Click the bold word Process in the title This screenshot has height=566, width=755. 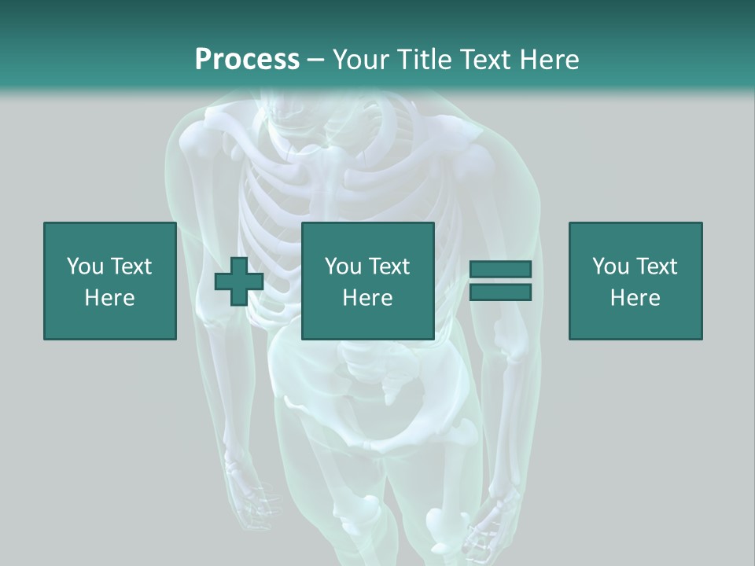pyautogui.click(x=247, y=59)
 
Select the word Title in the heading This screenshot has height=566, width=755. pyautogui.click(x=425, y=59)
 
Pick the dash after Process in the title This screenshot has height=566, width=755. pyautogui.click(x=315, y=61)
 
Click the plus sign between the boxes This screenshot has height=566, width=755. pyautogui.click(x=239, y=281)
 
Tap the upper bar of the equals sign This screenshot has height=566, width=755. pyautogui.click(x=500, y=270)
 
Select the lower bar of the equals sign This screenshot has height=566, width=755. pyautogui.click(x=500, y=292)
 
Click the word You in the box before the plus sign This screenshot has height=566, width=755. pyautogui.click(x=84, y=266)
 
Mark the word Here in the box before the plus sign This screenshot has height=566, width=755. pyautogui.click(x=109, y=298)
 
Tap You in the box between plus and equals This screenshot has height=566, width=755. pyautogui.click(x=343, y=266)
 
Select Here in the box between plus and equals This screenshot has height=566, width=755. pyautogui.click(x=367, y=298)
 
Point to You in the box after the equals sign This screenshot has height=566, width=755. pyautogui.click(x=610, y=266)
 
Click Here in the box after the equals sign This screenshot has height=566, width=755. pyautogui.click(x=635, y=298)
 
